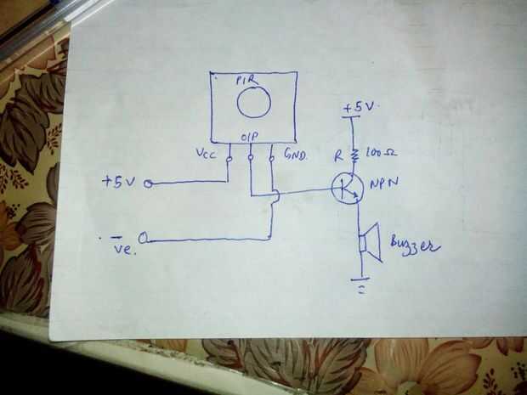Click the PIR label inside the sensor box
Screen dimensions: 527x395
247,81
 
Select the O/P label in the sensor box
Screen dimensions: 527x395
249,137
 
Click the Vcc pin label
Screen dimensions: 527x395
206,154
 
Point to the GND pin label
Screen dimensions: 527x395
296,154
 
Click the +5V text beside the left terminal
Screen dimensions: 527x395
119,182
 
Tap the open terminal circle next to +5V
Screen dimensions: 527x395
148,183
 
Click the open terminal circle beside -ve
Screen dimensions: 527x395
143,238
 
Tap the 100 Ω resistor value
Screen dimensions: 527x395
381,153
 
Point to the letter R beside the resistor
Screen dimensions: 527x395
339,155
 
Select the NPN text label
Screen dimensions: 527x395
384,183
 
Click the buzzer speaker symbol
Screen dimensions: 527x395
370,242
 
